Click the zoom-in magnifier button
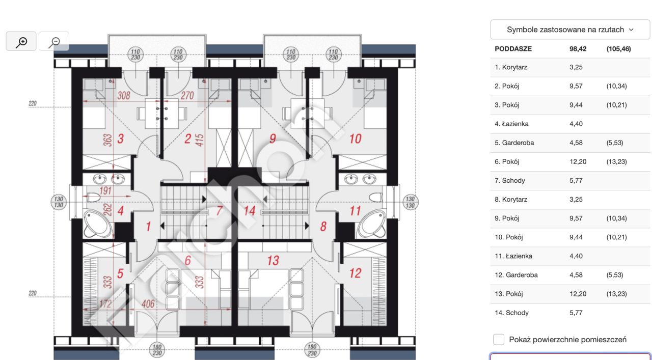point(21,41)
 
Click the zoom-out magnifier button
point(54,41)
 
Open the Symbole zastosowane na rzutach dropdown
point(570,30)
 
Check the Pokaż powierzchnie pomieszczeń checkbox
point(499,339)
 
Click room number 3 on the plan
point(121,139)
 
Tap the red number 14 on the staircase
point(250,211)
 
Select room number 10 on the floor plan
point(355,139)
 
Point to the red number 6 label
point(188,261)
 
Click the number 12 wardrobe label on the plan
point(355,273)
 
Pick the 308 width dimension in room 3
point(124,95)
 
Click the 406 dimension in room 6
point(148,304)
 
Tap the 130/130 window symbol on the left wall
point(59,202)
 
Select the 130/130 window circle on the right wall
point(410,202)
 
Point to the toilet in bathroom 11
point(375,198)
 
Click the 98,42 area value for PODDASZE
point(578,48)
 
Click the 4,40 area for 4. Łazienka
point(576,124)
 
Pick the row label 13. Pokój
point(508,294)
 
